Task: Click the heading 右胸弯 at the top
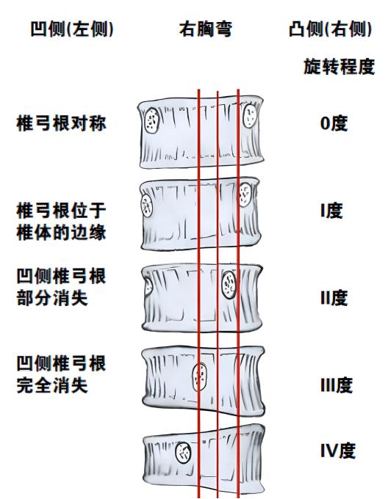click(206, 29)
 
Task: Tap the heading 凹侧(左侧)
click(72, 29)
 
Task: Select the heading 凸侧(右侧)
click(331, 29)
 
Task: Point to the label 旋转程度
click(339, 67)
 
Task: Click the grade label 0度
click(334, 123)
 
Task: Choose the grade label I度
click(331, 211)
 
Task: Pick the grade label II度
click(334, 298)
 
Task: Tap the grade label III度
click(336, 385)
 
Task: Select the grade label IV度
click(337, 451)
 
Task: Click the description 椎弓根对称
click(61, 123)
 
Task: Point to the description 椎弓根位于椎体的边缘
click(61, 222)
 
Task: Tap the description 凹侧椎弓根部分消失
click(61, 287)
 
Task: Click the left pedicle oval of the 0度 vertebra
click(151, 120)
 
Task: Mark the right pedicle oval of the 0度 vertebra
click(249, 115)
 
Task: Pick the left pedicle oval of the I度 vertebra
click(147, 205)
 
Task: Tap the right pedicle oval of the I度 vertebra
click(245, 194)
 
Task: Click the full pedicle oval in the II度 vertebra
click(229, 285)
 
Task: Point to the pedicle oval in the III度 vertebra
click(200, 376)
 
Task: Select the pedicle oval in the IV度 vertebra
click(183, 453)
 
